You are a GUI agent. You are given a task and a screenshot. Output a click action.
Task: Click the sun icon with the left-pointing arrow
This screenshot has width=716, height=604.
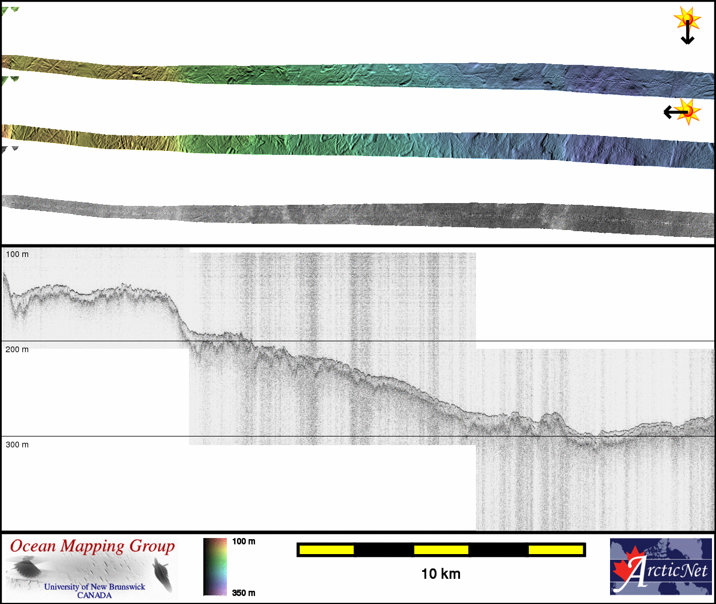coord(682,112)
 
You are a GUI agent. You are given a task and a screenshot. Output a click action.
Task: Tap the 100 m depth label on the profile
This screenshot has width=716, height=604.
coord(17,255)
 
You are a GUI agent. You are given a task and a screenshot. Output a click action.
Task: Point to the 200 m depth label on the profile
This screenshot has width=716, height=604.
coord(17,349)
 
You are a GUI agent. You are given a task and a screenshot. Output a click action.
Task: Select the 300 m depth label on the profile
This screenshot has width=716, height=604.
coord(17,445)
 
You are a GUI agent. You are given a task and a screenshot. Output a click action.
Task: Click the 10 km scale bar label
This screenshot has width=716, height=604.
coord(440,574)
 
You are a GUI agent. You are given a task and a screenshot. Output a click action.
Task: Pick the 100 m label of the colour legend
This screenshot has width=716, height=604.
coord(243,541)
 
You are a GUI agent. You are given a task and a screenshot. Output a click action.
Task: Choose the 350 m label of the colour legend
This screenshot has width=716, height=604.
coord(243,593)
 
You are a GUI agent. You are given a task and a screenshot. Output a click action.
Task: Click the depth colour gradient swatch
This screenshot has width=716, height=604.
coord(215,567)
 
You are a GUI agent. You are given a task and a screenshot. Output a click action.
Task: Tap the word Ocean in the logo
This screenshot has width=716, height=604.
coord(33,546)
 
